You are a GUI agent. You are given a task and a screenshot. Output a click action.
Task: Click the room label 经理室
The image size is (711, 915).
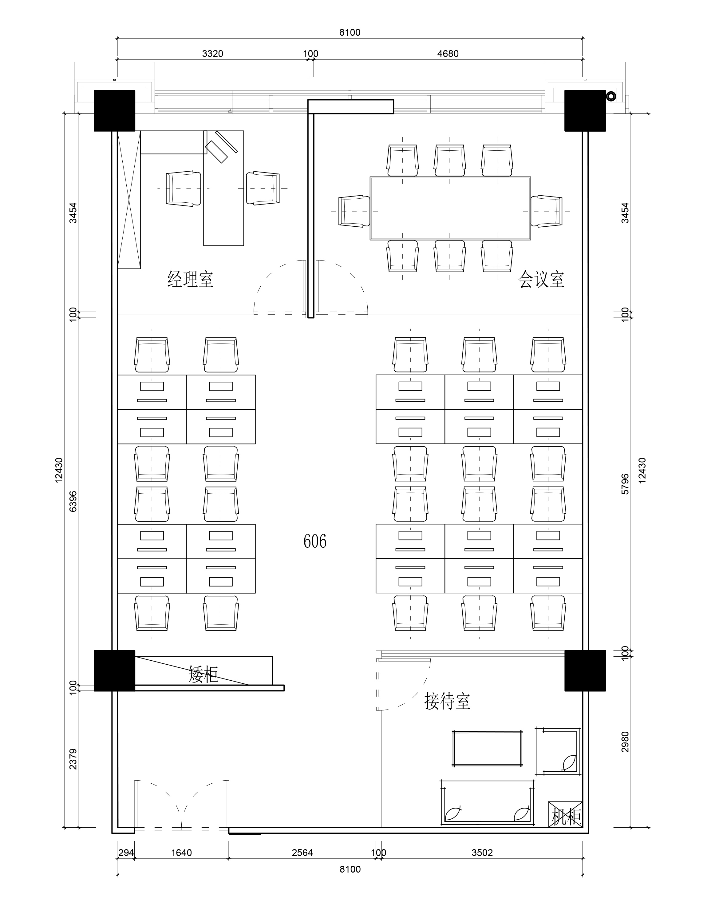[x=191, y=279]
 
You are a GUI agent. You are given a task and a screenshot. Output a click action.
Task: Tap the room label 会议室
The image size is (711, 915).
[x=541, y=279]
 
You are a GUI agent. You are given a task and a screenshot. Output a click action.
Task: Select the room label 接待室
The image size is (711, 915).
[x=447, y=701]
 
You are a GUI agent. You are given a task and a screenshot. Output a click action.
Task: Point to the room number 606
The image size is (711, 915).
[x=315, y=541]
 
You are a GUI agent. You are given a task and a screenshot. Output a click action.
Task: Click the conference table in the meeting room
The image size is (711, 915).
[x=450, y=208]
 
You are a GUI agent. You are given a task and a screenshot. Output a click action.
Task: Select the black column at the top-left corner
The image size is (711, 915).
[x=114, y=111]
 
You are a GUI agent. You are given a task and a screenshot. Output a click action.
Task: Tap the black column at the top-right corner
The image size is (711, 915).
[x=585, y=111]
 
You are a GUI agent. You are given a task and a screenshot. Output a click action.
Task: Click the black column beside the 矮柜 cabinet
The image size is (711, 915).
[x=114, y=670]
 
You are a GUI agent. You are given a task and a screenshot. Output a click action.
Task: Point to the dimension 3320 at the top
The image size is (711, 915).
[x=213, y=54]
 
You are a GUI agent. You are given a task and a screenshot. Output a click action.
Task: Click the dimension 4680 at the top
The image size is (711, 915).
[x=448, y=54]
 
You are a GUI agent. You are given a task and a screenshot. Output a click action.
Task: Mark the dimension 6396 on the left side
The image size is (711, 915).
[x=73, y=501]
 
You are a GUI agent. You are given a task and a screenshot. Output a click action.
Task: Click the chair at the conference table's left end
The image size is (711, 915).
[x=354, y=211]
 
